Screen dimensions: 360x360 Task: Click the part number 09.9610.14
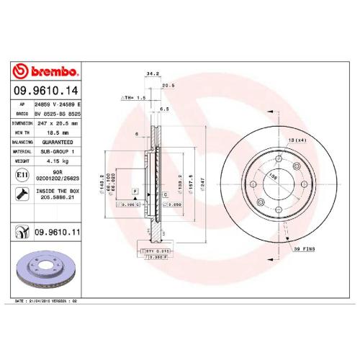click(45, 91)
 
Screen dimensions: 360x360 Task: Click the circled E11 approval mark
click(22, 175)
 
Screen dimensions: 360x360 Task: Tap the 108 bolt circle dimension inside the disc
click(272, 176)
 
